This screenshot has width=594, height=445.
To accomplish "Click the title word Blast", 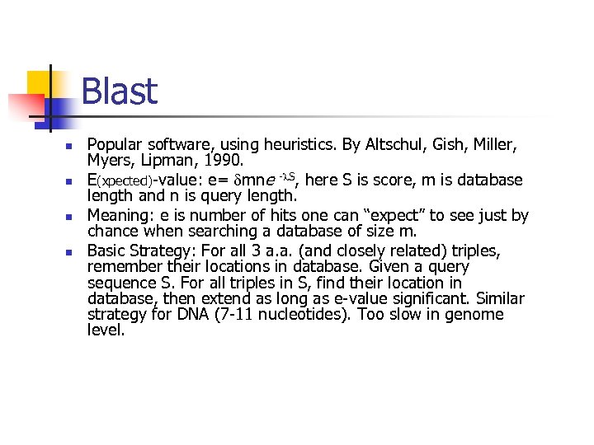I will click(119, 91).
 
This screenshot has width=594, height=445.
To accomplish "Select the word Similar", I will click(497, 298).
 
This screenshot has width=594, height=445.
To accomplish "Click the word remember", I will click(120, 266).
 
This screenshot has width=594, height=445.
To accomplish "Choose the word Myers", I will click(110, 160).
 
